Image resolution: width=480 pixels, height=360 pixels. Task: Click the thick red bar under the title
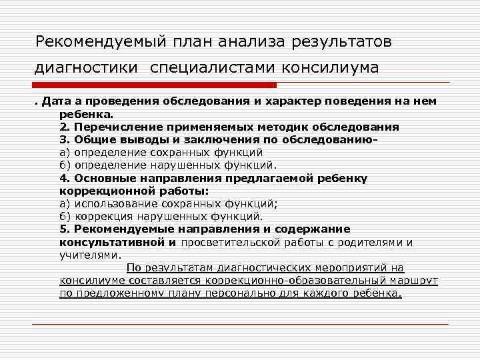point(154,85)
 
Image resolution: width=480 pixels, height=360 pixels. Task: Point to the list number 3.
point(63,139)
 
